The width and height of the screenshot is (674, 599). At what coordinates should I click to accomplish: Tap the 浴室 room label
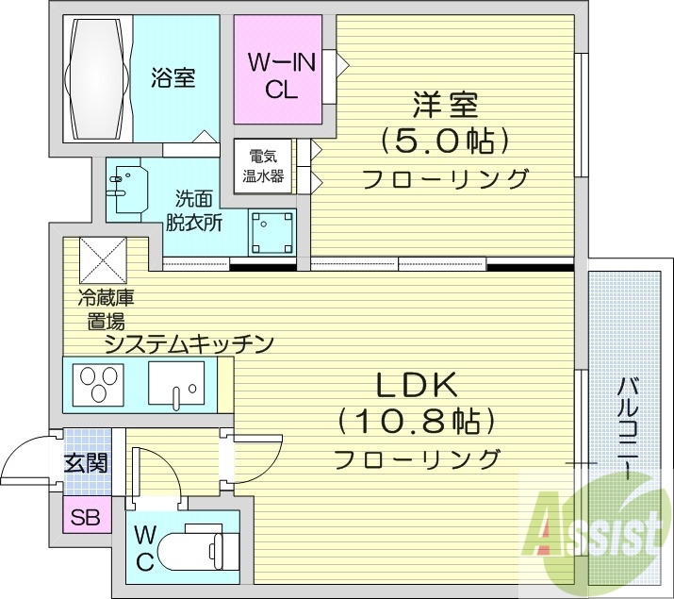173,78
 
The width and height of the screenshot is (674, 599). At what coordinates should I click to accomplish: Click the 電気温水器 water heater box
264,166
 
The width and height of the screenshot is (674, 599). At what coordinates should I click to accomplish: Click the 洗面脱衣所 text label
194,210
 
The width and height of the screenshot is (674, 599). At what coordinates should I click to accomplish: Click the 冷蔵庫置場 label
105,308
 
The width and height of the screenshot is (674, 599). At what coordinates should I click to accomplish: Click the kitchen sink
175,385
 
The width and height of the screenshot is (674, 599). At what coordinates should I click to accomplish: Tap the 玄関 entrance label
86,463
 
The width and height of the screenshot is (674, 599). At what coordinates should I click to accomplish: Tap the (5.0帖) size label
444,141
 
